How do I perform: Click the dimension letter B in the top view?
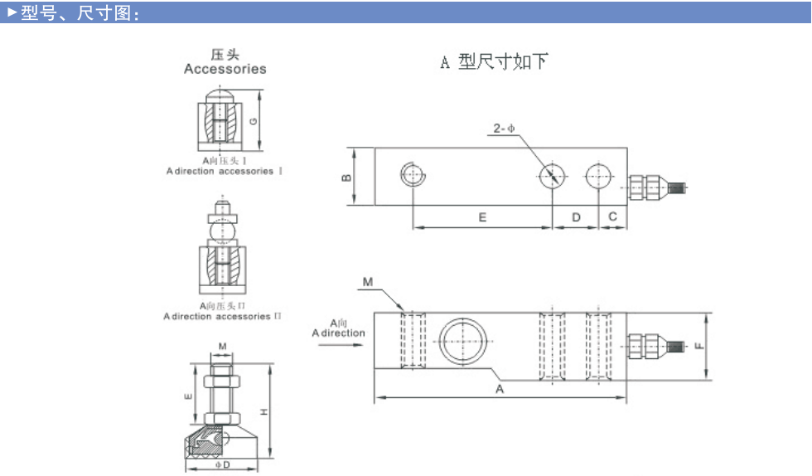pos(346,176)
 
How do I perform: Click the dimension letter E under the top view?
pos(482,216)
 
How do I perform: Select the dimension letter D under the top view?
pos(577,216)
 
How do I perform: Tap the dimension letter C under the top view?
pos(612,216)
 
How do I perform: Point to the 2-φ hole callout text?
pos(504,129)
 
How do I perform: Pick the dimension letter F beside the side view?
pos(701,345)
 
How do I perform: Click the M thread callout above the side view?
pos(368,284)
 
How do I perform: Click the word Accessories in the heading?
pos(225,70)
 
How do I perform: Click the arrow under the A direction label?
pos(338,344)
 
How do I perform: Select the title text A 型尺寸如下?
pos(494,62)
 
